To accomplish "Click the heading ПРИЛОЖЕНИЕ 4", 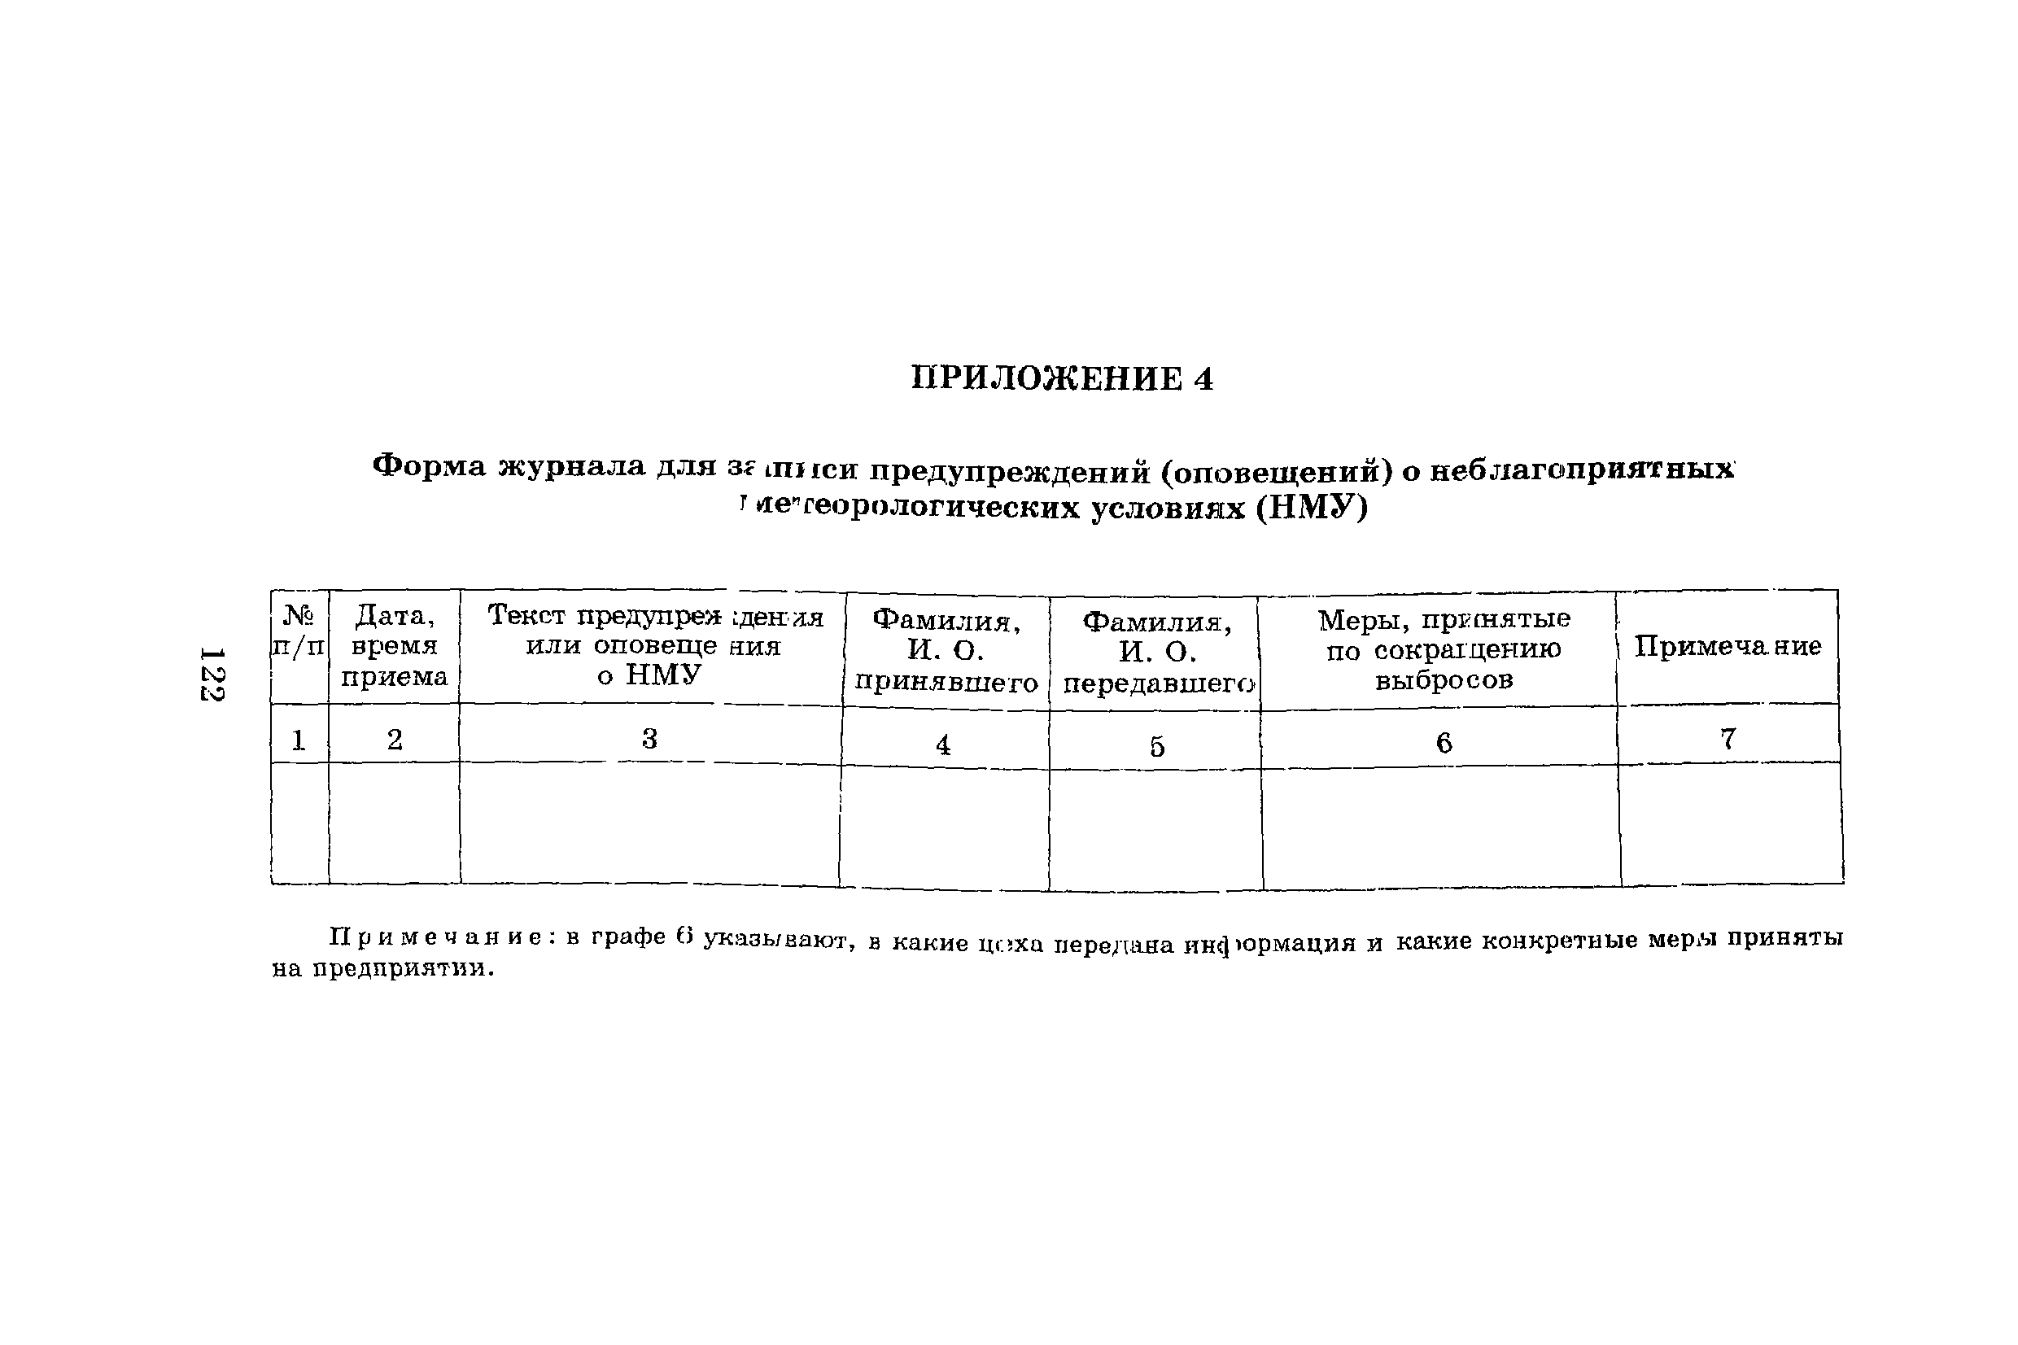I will pos(1062,378).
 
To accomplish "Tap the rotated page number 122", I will pos(211,674).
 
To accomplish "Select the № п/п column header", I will pos(299,631).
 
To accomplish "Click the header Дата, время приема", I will pos(394,646).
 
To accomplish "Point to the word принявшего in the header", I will pos(946,683).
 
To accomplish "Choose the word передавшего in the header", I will pos(1158,684).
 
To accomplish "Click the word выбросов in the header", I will pos(1444,680).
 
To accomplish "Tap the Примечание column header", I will pos(1728,646).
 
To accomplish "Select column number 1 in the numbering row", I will pos(299,740).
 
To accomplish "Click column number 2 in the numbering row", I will pos(395,740).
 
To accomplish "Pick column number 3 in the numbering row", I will pos(649,739).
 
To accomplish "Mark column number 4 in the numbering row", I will pos(942,745).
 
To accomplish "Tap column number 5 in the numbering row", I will pos(1157,747).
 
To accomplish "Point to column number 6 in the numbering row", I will pos(1444,743).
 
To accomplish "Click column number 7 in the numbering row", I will pos(1728,739).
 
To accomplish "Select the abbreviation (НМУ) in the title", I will pos(1312,509).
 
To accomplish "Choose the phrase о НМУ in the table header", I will pos(649,676).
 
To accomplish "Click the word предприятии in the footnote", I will pos(403,969).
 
